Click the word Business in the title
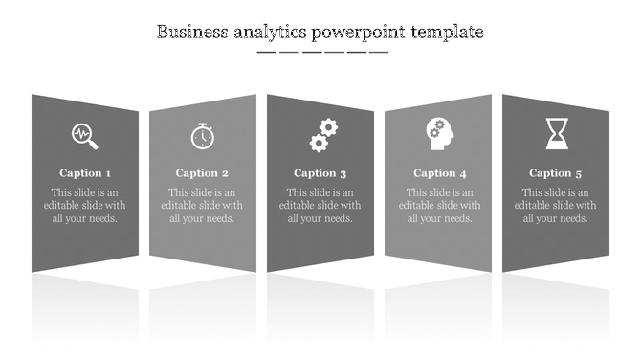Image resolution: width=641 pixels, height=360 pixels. tap(191, 32)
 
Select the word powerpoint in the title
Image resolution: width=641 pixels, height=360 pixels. tap(358, 33)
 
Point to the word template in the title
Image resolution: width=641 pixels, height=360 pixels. tap(447, 33)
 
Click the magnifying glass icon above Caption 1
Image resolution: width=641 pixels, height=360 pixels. tap(85, 136)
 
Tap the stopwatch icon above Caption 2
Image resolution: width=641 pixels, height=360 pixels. tap(202, 136)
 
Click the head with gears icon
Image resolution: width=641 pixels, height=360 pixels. tap(439, 133)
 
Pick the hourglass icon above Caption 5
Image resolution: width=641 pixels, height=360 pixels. tap(557, 134)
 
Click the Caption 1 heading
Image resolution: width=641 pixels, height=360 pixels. tap(85, 173)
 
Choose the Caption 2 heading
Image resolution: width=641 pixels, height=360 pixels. tap(202, 173)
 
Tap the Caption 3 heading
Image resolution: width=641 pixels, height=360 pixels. tap(320, 173)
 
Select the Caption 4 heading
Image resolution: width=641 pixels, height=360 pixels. tap(440, 173)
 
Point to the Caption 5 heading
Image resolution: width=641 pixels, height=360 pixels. tap(556, 173)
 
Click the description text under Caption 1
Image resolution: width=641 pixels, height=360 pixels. tap(85, 205)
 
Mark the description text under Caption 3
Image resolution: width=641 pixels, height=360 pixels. tap(320, 205)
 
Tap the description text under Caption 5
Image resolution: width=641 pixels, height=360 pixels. tap(556, 205)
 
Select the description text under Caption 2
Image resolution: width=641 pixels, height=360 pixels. tap(202, 205)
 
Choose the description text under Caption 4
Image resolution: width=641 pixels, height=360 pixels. tap(440, 205)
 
